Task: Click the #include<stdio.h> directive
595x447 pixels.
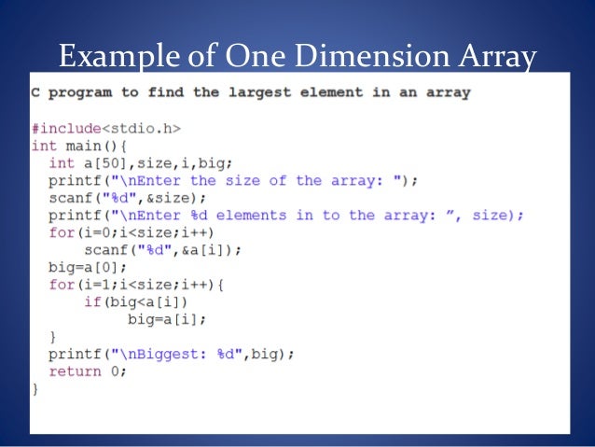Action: pos(106,129)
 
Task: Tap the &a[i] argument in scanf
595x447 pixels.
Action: pos(203,249)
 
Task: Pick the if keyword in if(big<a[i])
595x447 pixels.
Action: pos(91,301)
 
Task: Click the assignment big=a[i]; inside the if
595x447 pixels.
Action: pos(167,318)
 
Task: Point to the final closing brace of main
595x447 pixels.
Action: pos(35,388)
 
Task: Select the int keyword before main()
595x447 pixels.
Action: pos(44,146)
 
